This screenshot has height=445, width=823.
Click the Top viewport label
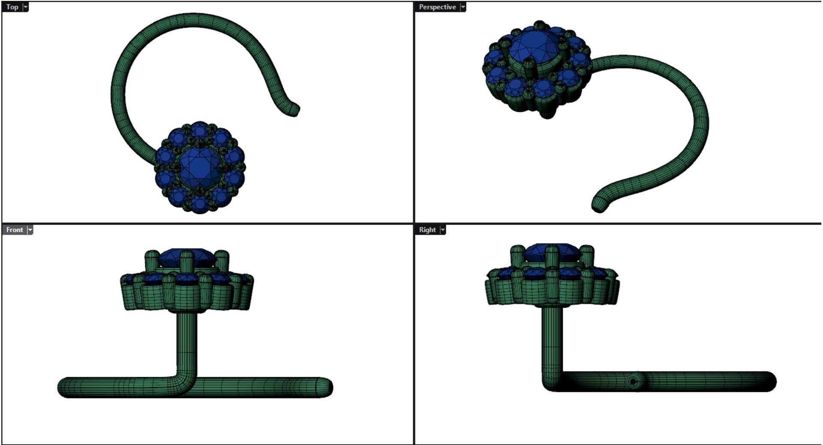[x=12, y=7]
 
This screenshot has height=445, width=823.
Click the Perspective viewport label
[x=437, y=7]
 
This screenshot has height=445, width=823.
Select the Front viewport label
[x=14, y=230]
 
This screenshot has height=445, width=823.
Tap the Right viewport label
[x=427, y=230]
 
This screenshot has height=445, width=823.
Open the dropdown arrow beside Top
[x=25, y=7]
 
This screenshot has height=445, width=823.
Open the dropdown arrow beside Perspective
[x=463, y=7]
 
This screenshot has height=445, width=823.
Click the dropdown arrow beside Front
[x=30, y=230]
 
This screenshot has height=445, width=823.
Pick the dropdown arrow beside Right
[x=443, y=230]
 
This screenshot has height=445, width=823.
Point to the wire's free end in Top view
[x=294, y=110]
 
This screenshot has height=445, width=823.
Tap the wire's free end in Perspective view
[x=599, y=205]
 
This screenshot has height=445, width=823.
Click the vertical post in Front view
[x=187, y=343]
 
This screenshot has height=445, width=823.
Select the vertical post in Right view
[x=552, y=338]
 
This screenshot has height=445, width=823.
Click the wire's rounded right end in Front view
[x=327, y=387]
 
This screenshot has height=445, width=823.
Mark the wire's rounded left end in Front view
[x=63, y=387]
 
